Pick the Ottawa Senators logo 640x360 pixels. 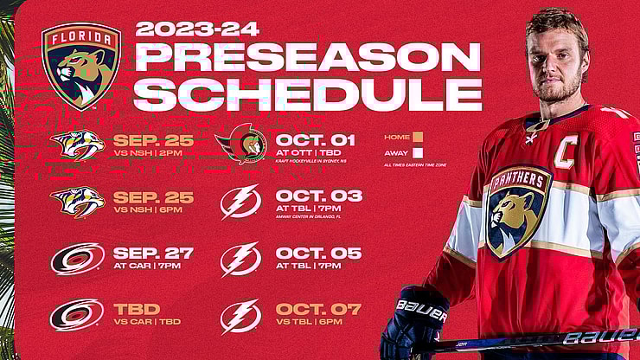click(241, 145)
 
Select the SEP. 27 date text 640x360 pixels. click(153, 253)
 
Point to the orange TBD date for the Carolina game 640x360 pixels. click(134, 309)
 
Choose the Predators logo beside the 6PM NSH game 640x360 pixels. click(77, 202)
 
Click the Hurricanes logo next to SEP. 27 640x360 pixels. click(77, 259)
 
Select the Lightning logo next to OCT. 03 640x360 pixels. click(240, 202)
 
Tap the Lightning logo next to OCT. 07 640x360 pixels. click(240, 316)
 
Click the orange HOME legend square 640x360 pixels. click(418, 136)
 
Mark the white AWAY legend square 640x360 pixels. click(418, 152)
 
